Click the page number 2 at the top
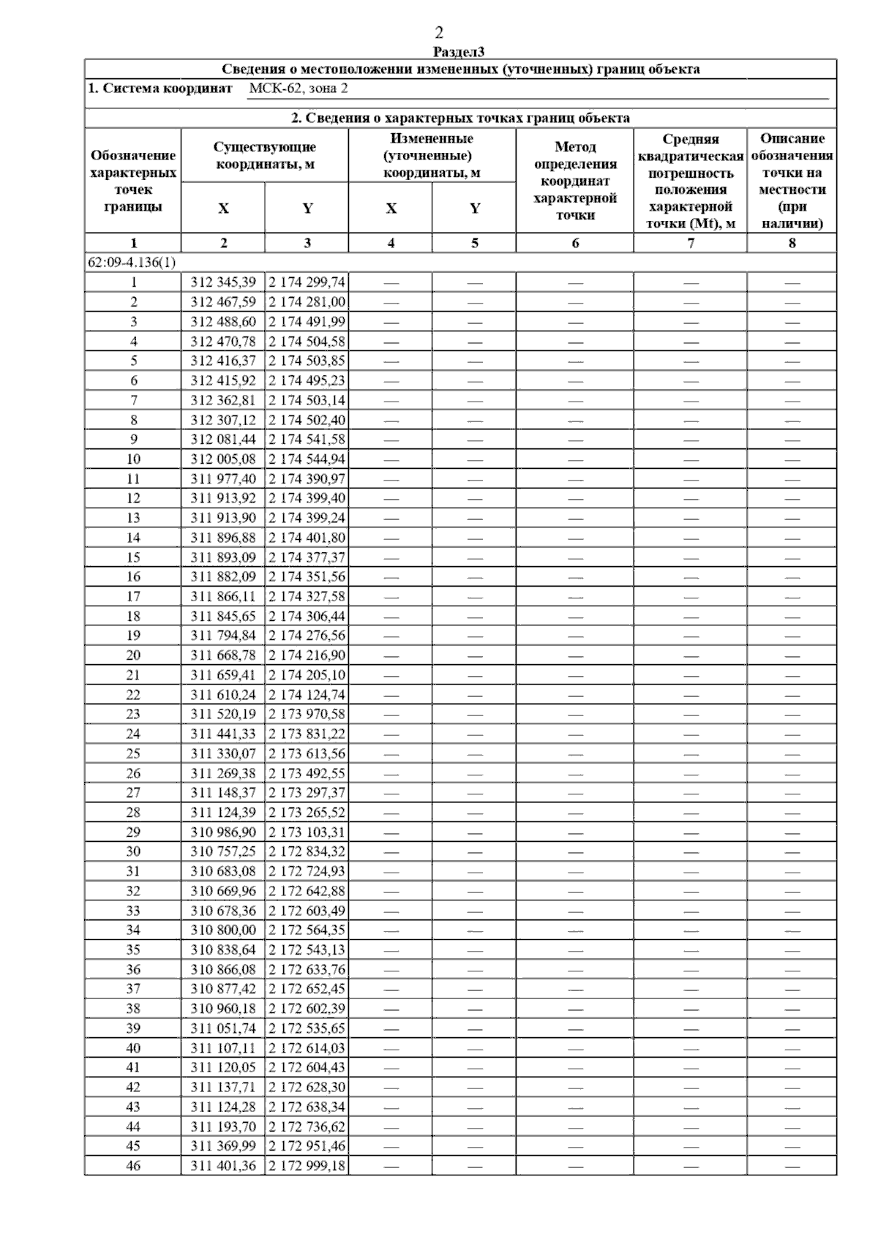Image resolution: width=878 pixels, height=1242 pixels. click(439, 33)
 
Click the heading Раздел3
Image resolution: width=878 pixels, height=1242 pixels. click(459, 52)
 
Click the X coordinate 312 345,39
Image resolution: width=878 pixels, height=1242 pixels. click(223, 282)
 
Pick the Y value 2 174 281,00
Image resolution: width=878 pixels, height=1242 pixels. click(307, 302)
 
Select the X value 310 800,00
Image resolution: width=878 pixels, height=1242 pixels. click(223, 930)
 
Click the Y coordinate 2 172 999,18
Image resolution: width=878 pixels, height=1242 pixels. click(307, 1166)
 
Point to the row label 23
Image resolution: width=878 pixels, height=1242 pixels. click(133, 714)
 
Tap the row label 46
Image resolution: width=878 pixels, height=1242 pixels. click(133, 1166)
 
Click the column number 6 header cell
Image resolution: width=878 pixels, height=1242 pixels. click(575, 244)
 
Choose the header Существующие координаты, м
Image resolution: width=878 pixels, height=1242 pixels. click(265, 156)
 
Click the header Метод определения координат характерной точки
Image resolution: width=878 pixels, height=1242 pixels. click(575, 181)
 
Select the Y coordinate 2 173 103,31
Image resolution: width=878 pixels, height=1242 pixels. click(307, 832)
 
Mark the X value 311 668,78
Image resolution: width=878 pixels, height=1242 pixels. click(223, 655)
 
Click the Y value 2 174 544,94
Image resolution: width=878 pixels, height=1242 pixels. click(307, 459)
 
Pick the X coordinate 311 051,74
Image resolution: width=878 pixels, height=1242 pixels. click(223, 1028)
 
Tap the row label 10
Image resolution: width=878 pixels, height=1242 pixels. click(133, 459)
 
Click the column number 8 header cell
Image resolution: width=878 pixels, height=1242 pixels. click(792, 244)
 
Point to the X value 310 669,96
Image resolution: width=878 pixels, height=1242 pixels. click(223, 891)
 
